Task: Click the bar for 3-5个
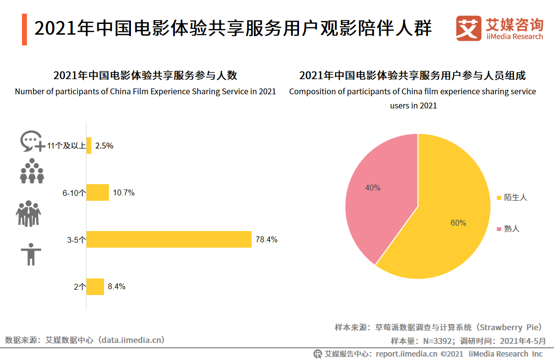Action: pyautogui.click(x=169, y=239)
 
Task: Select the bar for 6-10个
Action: pyautogui.click(x=98, y=192)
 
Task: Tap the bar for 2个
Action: pyautogui.click(x=95, y=287)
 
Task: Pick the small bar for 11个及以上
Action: pyautogui.click(x=89, y=146)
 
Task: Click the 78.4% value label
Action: pyautogui.click(x=266, y=239)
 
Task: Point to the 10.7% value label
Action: pyautogui.click(x=124, y=192)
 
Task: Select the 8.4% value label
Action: pyautogui.click(x=116, y=287)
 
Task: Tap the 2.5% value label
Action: pyautogui.click(x=104, y=146)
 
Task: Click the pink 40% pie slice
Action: pyautogui.click(x=376, y=195)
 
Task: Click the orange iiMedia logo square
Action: pyautogui.click(x=469, y=28)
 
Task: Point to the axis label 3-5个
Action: pyautogui.click(x=77, y=240)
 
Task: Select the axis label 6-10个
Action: pyautogui.click(x=74, y=193)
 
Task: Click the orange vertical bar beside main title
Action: pyautogui.click(x=24, y=29)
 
